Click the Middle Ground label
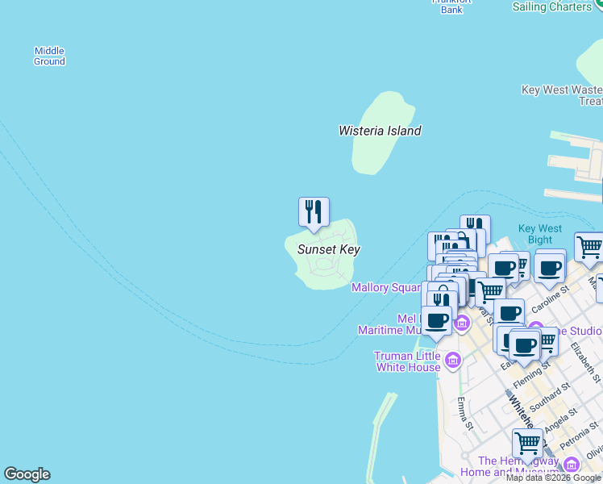49,56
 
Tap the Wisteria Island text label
380,131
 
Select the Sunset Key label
328,250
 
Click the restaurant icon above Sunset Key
314,213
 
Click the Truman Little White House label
408,361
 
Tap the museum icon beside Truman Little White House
453,360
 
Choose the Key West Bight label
540,234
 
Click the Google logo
27,474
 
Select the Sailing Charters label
551,6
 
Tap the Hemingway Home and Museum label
511,466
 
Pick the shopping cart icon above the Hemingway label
528,443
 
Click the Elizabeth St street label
585,360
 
